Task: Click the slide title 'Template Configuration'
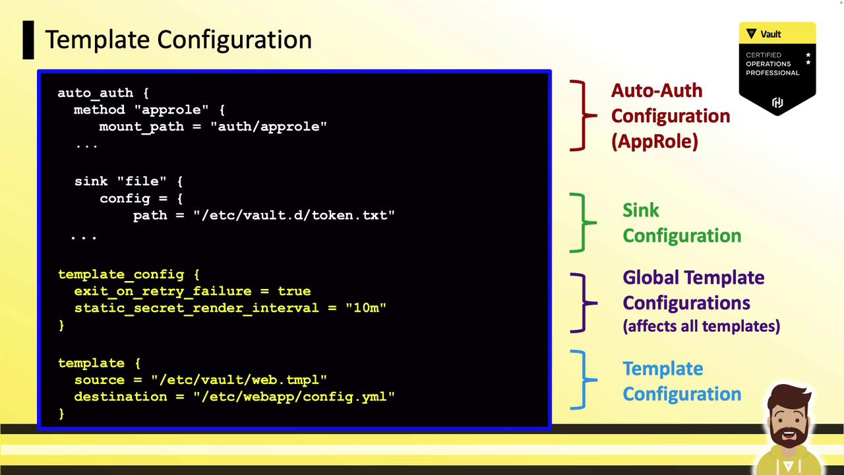pyautogui.click(x=178, y=40)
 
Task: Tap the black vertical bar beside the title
pyautogui.click(x=28, y=40)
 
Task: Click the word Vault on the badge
pyautogui.click(x=771, y=34)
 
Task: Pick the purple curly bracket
pyautogui.click(x=584, y=303)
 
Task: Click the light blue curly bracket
pyautogui.click(x=584, y=379)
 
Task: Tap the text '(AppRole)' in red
pyautogui.click(x=655, y=142)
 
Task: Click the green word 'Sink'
pyautogui.click(x=640, y=210)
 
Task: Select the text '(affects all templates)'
pyautogui.click(x=701, y=326)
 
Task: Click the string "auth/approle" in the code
pyautogui.click(x=268, y=126)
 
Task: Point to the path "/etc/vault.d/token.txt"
pyautogui.click(x=294, y=215)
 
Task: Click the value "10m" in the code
pyautogui.click(x=366, y=307)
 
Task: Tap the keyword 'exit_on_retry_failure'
pyautogui.click(x=163, y=292)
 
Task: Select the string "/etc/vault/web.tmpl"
pyautogui.click(x=239, y=379)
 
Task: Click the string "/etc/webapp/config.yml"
pyautogui.click(x=294, y=396)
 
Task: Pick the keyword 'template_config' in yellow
pyautogui.click(x=121, y=274)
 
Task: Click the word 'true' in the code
pyautogui.click(x=294, y=291)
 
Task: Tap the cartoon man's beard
pyautogui.click(x=788, y=433)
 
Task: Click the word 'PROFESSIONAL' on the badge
pyautogui.click(x=772, y=73)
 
